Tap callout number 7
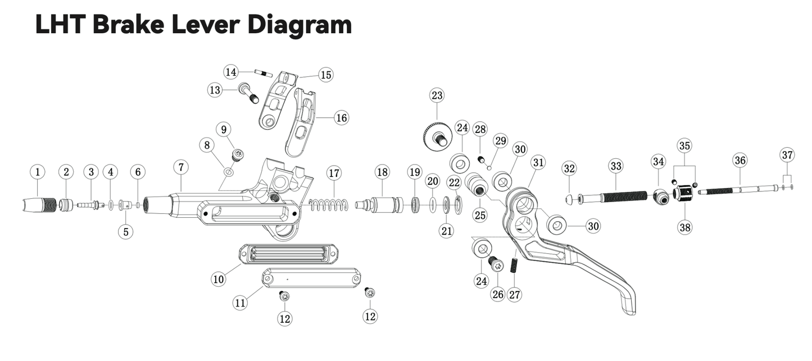[x=180, y=167]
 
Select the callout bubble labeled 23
[x=437, y=95]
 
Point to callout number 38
[x=685, y=227]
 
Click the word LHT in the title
[x=59, y=24]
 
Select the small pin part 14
[x=263, y=73]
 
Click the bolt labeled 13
[x=250, y=93]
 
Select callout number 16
[x=341, y=118]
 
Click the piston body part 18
[x=382, y=204]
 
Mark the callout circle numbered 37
[x=787, y=154]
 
